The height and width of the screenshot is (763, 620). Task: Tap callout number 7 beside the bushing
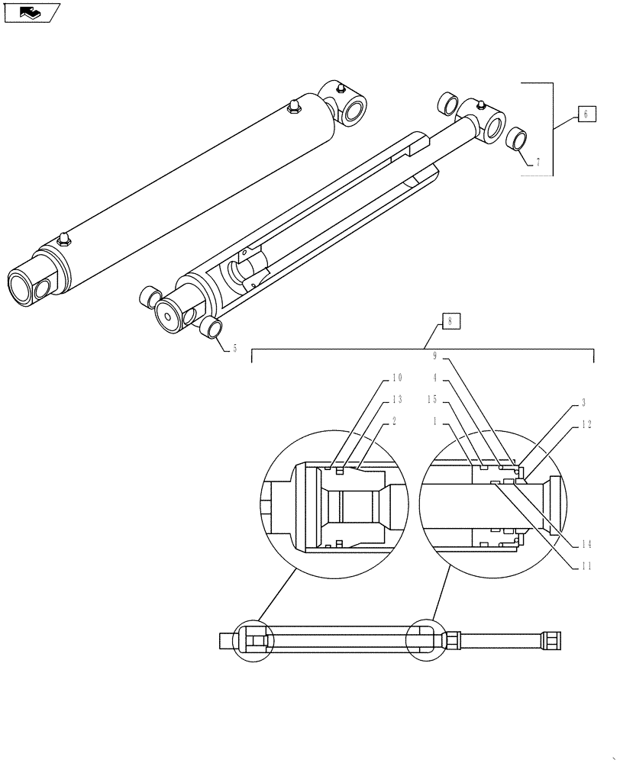(538, 163)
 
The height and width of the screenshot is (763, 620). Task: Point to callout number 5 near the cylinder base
(234, 348)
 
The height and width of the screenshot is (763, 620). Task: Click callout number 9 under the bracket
(435, 356)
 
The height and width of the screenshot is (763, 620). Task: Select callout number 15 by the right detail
(431, 399)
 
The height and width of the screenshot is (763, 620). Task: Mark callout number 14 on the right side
(586, 544)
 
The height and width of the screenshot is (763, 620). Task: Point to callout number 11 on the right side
(586, 565)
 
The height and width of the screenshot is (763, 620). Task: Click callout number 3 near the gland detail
(583, 402)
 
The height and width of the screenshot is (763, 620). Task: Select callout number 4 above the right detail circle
(434, 378)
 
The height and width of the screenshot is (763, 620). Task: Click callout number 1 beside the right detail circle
(434, 420)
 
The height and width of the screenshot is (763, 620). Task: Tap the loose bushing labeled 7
(517, 140)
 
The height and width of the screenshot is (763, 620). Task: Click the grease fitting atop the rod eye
(481, 105)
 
